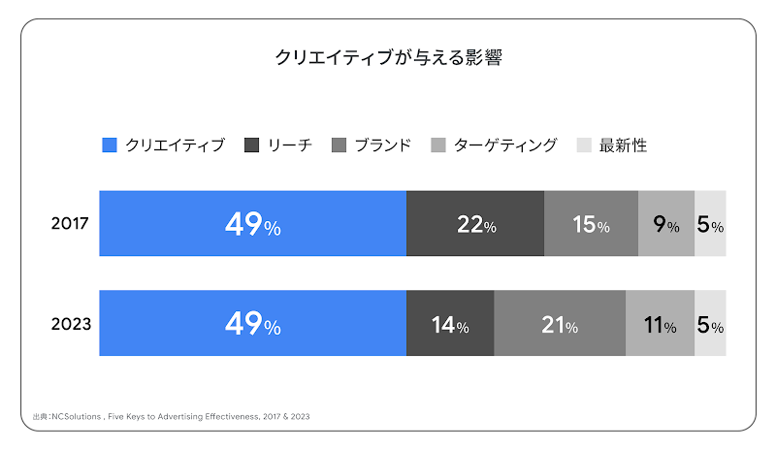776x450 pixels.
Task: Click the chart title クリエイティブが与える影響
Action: (x=388, y=58)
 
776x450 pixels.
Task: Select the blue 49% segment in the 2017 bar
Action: (x=252, y=224)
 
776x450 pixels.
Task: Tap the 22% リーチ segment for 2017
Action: (x=475, y=224)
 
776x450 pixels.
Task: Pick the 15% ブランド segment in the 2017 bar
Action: (x=591, y=224)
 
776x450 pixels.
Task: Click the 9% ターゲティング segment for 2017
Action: (x=665, y=224)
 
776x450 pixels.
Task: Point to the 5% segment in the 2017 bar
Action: (x=710, y=224)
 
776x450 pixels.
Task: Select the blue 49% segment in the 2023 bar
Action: (x=252, y=324)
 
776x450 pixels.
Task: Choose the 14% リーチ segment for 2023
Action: (x=450, y=324)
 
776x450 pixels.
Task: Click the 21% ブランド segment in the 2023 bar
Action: (x=560, y=324)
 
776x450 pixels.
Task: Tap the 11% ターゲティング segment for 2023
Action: (x=660, y=324)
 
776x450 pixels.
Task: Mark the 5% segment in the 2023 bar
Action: (x=710, y=324)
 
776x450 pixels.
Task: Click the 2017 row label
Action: (x=70, y=224)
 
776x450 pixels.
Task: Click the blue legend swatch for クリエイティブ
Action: (x=110, y=145)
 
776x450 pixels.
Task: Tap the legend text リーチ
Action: (x=289, y=145)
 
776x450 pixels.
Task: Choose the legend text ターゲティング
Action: (x=505, y=145)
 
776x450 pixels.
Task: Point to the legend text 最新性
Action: (x=623, y=145)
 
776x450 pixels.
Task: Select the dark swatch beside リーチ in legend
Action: (x=251, y=145)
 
